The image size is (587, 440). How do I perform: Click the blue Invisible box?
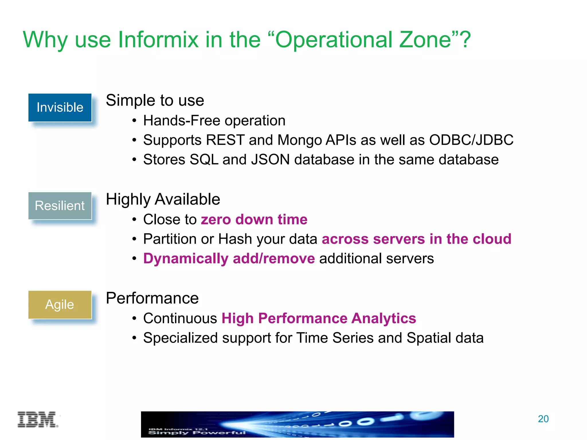(x=60, y=107)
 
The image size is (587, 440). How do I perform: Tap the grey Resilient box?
(x=60, y=206)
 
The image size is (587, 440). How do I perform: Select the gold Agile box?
(x=60, y=305)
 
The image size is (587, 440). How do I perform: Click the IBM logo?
(x=38, y=420)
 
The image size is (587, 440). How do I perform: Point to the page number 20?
(x=543, y=419)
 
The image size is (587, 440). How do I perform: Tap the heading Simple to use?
(x=155, y=100)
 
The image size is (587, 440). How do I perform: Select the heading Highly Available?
(x=163, y=199)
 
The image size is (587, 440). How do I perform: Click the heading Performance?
(x=152, y=298)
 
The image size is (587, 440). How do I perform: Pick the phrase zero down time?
(x=254, y=219)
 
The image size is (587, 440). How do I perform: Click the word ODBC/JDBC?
(x=471, y=140)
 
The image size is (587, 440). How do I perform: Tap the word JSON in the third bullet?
(x=270, y=160)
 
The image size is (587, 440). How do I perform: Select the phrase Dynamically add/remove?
(x=229, y=258)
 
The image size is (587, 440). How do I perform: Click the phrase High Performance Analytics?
(x=318, y=318)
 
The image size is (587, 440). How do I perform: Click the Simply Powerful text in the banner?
(x=197, y=433)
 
